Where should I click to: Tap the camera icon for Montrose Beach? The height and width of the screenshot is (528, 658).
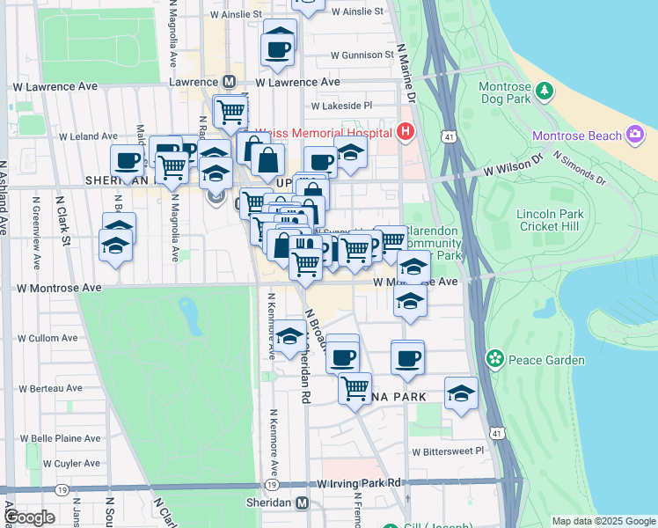point(635,136)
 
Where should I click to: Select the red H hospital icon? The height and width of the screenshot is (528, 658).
point(405,132)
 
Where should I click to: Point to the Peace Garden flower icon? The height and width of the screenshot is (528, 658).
point(495,359)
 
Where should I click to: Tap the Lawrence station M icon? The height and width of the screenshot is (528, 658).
point(229,82)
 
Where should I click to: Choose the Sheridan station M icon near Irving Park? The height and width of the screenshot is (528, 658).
point(303,502)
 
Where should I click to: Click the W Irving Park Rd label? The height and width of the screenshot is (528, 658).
point(359,483)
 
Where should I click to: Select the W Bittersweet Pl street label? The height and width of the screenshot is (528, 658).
point(449,451)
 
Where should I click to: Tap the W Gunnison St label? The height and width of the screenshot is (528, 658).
point(362,55)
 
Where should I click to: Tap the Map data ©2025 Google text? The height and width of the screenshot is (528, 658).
point(603,521)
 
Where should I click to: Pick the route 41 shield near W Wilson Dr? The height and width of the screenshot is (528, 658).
point(450,137)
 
